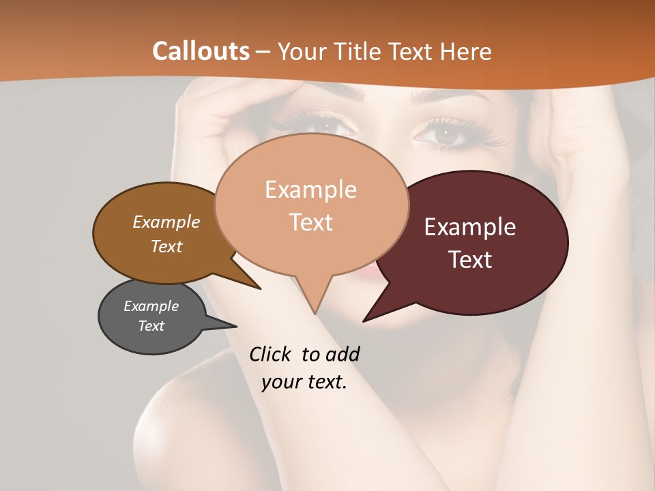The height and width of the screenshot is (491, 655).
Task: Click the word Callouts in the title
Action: (201, 51)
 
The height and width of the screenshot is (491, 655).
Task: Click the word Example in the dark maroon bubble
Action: (470, 227)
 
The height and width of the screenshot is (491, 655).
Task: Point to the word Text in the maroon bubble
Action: (470, 260)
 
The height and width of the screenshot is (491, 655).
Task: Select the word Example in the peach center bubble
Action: (310, 190)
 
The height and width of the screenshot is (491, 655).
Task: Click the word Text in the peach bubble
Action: (310, 222)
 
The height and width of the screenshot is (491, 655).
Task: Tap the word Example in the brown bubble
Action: (166, 222)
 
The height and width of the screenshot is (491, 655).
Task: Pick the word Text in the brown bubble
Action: (166, 246)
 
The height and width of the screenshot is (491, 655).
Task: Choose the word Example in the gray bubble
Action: (151, 306)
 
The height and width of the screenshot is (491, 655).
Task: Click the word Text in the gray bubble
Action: (151, 326)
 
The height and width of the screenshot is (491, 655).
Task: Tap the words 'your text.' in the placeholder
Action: (304, 382)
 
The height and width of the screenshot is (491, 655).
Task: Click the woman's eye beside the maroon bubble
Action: (446, 134)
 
